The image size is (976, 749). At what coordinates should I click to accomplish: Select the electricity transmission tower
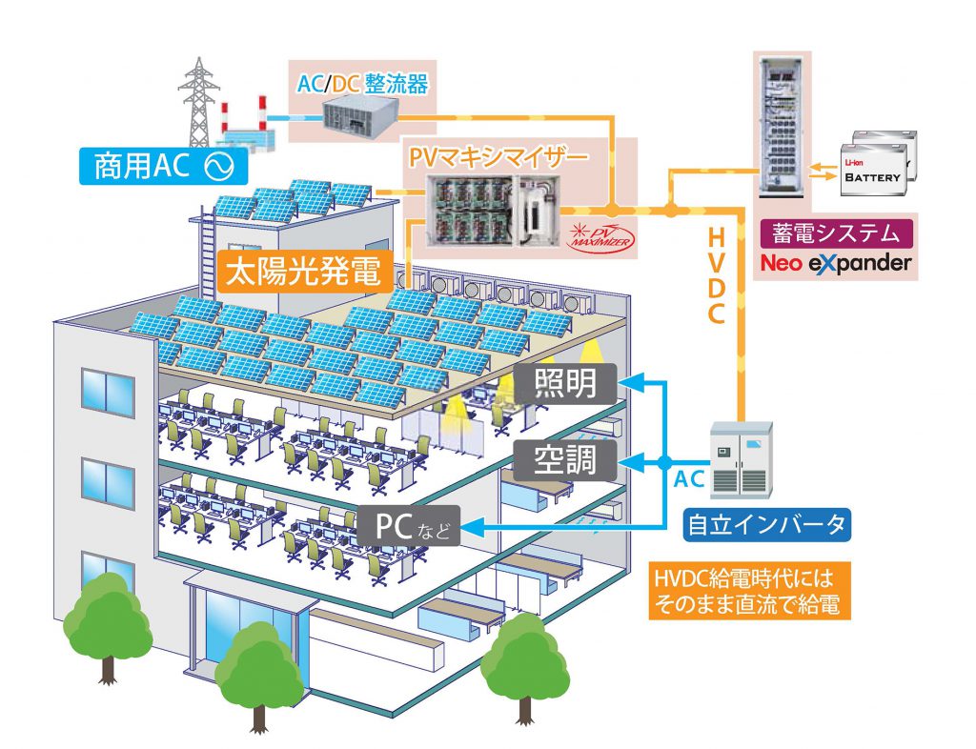[198, 100]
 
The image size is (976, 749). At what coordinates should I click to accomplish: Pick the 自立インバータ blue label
[765, 523]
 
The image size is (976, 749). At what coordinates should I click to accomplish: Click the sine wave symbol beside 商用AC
[215, 168]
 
